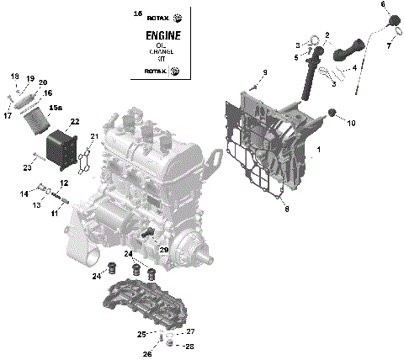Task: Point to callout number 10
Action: click(351, 123)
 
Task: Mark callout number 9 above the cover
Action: click(263, 74)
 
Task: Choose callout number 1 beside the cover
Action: click(318, 151)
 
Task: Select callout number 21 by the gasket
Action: click(94, 137)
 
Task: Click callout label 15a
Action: click(56, 109)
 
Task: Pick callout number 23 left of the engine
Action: click(26, 167)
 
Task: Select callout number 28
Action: click(189, 346)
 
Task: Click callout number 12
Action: click(64, 183)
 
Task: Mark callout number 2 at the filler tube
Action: click(327, 34)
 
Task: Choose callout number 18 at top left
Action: click(14, 77)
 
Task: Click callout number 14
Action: click(24, 194)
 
